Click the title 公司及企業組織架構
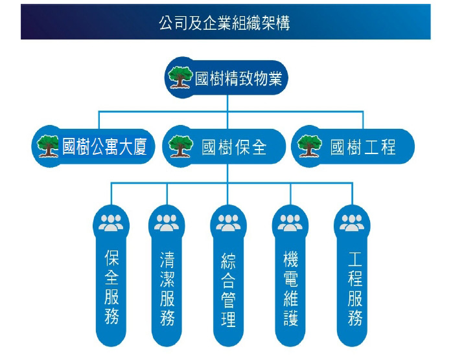click(x=226, y=23)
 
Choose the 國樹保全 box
click(x=226, y=147)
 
